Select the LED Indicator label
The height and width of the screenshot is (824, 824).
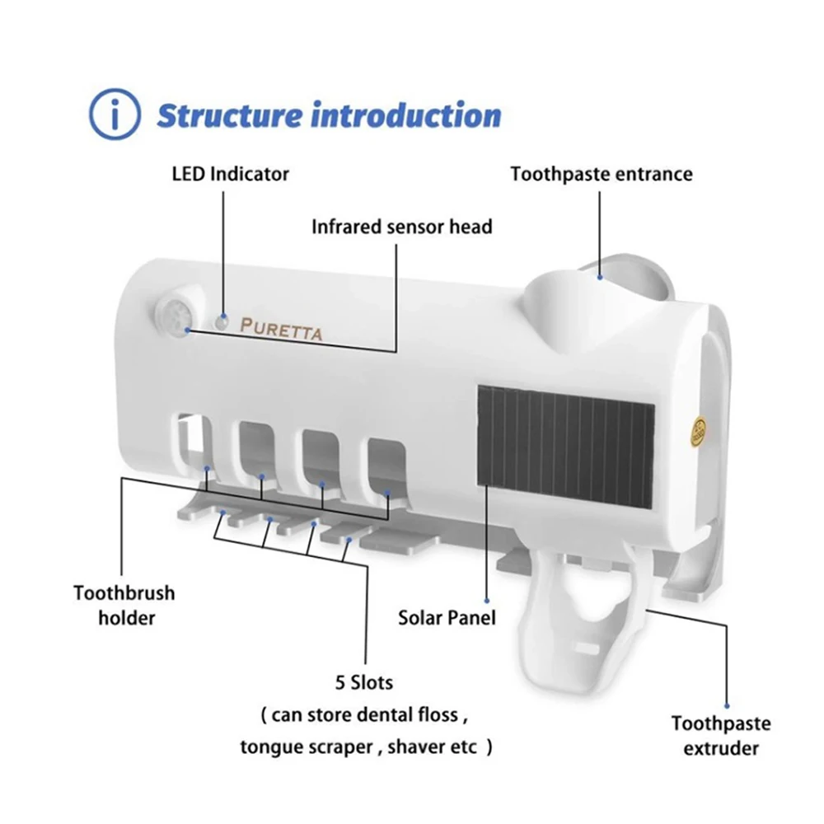click(230, 174)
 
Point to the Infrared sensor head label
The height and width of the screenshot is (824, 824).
click(401, 226)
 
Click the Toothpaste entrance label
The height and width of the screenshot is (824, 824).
click(601, 174)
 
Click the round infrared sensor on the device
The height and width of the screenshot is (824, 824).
click(177, 315)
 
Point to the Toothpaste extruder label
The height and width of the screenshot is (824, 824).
click(721, 736)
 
